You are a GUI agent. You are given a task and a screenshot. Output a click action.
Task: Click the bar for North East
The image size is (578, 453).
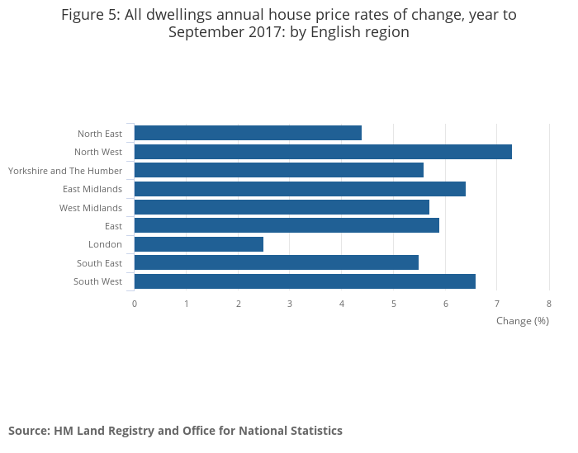tap(248, 133)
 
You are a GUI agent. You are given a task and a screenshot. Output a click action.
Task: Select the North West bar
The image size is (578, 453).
tap(323, 152)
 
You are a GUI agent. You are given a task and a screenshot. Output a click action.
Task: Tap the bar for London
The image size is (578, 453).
tap(199, 244)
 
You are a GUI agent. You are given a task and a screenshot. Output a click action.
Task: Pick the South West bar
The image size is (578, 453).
tap(305, 281)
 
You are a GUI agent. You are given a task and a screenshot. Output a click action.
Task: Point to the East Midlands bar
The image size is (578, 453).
tap(300, 189)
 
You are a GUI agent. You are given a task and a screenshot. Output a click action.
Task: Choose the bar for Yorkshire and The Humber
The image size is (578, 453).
tap(279, 170)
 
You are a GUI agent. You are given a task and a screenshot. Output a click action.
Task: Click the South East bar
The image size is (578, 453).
tap(277, 262)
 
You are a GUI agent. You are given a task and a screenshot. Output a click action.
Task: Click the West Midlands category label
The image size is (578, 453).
tap(91, 208)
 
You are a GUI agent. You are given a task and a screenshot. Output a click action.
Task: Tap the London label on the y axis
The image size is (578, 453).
tap(105, 244)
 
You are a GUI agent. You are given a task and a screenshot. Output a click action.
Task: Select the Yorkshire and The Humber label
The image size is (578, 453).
tap(65, 171)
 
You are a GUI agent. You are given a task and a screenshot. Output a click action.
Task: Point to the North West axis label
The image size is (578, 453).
tap(98, 152)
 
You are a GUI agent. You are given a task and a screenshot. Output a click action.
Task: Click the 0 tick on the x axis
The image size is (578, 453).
tap(135, 304)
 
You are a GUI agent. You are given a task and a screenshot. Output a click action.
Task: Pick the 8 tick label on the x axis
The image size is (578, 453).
tap(549, 304)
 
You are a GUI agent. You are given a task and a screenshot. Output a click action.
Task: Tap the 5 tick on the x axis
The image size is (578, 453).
tap(394, 304)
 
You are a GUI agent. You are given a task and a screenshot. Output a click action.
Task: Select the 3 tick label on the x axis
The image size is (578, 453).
tap(290, 304)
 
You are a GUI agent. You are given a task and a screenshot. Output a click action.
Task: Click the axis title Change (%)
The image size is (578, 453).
tap(523, 321)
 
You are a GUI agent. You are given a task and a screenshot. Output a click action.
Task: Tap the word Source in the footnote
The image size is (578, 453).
tap(29, 431)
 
